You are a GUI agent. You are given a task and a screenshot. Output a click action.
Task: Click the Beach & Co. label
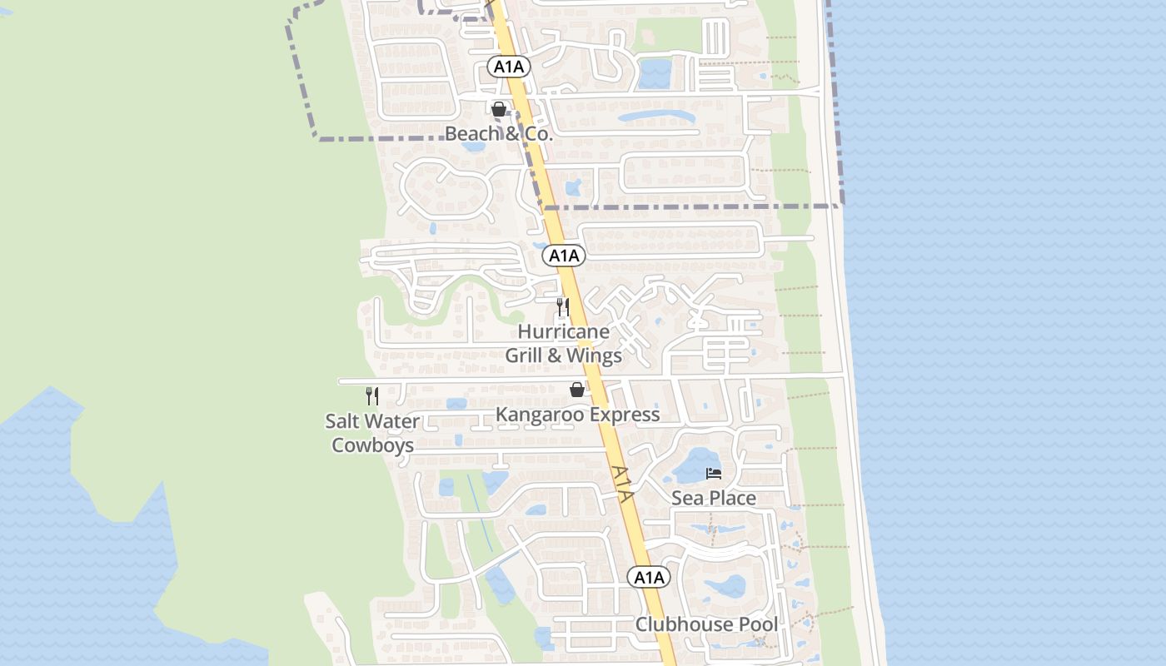pos(498,133)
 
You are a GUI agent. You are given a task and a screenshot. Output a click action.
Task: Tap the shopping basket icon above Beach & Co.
pos(499,109)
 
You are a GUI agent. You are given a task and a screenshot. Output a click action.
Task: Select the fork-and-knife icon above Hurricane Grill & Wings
pos(563,307)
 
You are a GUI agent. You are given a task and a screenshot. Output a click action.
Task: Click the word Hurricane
pos(564,331)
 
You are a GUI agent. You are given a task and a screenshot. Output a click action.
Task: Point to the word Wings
pos(595,355)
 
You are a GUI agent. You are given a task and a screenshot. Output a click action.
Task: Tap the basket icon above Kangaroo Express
pos(577,389)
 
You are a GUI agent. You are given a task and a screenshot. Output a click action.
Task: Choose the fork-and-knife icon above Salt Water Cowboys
pos(372,396)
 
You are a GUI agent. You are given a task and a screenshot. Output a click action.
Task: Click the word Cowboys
pos(372,445)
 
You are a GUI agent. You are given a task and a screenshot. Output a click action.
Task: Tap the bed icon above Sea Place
pos(714,474)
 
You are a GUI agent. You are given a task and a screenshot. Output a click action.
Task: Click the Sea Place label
pos(714,498)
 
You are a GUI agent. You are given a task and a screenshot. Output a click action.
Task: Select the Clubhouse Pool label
pos(707,624)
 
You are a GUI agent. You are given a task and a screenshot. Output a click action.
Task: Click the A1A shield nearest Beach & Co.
pos(509,67)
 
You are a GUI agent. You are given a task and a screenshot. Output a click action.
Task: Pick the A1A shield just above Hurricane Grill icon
pos(565,256)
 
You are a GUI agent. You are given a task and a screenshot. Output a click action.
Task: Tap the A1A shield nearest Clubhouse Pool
pos(649,577)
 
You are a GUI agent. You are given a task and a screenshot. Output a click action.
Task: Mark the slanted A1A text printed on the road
pos(622,483)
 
